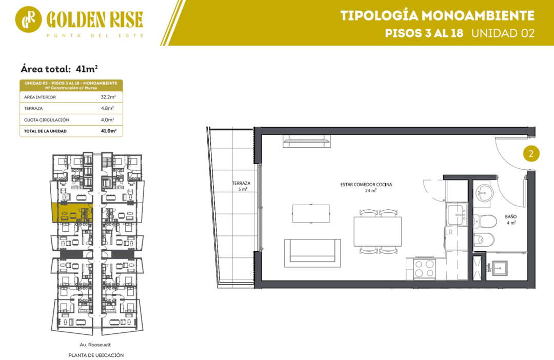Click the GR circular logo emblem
(28, 19)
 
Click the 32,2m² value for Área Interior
(108, 97)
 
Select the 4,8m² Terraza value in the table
(107, 108)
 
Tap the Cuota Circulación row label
(46, 120)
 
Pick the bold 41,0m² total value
(108, 131)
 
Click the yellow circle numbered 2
(531, 154)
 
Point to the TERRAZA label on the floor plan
(241, 184)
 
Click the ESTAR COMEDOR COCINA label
(366, 185)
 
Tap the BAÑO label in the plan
(511, 216)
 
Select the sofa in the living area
(313, 253)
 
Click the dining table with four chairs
(378, 231)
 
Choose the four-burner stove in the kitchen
(424, 269)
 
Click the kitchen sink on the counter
(457, 214)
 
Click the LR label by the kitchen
(449, 232)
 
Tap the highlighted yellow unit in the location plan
(72, 213)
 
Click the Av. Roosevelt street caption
(95, 345)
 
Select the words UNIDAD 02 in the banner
(503, 33)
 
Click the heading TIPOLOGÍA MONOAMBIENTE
(438, 16)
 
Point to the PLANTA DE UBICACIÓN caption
(96, 355)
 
